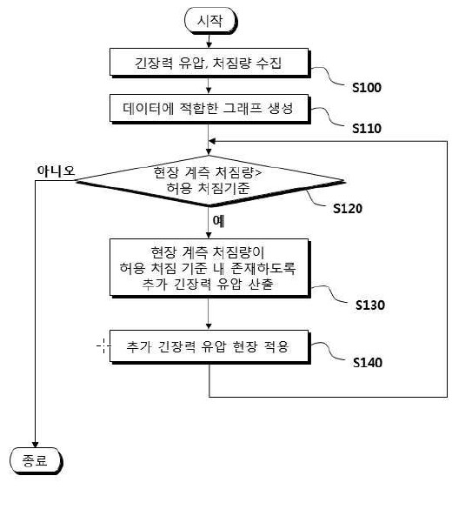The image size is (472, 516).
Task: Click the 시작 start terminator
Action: pyautogui.click(x=210, y=20)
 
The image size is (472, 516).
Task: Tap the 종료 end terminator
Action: pyautogui.click(x=36, y=460)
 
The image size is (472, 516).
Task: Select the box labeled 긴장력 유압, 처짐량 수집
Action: pyautogui.click(x=209, y=63)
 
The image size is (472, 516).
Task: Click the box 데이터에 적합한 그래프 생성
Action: pyautogui.click(x=209, y=109)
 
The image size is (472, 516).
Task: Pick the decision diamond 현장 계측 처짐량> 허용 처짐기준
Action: pyautogui.click(x=209, y=181)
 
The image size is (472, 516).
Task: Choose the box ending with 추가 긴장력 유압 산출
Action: pyautogui.click(x=209, y=268)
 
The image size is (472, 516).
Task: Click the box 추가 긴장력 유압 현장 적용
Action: pyautogui.click(x=209, y=346)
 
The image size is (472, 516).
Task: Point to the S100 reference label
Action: pyautogui.click(x=367, y=88)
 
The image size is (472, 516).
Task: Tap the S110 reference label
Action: pyautogui.click(x=367, y=128)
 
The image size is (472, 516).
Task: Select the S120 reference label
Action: pyautogui.click(x=348, y=208)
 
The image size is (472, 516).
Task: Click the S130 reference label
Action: pyautogui.click(x=370, y=305)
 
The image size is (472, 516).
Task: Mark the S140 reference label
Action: pyautogui.click(x=368, y=362)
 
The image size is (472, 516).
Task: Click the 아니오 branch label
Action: pyautogui.click(x=56, y=171)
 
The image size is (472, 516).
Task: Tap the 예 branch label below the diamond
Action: pyautogui.click(x=218, y=221)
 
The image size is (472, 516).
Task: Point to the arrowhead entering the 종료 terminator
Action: pyautogui.click(x=35, y=445)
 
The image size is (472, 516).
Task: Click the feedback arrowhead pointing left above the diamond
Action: pyautogui.click(x=212, y=141)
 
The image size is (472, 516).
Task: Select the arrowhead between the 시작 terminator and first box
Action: pyautogui.click(x=209, y=44)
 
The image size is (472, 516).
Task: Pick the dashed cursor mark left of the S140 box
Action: pyautogui.click(x=103, y=345)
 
